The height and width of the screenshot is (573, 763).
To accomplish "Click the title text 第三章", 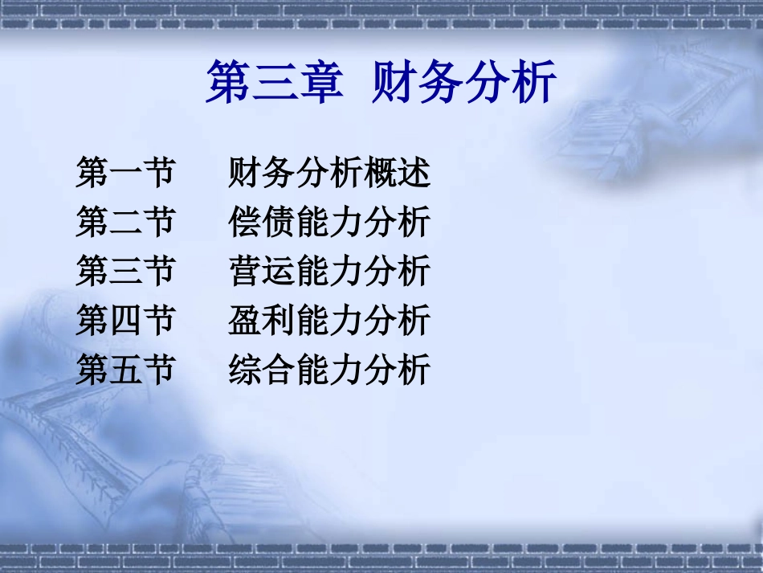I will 274,83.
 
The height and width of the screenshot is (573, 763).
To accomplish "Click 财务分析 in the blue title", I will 464,83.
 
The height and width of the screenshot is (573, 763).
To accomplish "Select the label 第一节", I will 125,173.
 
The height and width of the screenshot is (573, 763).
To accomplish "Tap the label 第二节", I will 125,223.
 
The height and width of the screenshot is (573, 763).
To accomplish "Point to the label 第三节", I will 125,272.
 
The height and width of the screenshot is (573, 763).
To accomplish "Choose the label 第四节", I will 125,321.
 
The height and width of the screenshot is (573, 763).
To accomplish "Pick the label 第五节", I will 125,370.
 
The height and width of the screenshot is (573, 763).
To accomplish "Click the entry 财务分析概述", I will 329,173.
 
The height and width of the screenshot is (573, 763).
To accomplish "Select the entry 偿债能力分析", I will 329,223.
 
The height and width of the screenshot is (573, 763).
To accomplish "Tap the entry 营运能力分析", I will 329,272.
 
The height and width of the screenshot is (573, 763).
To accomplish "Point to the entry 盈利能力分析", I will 329,321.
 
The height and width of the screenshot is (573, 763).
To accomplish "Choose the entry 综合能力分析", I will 329,370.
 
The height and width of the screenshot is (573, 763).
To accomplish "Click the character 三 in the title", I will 274,84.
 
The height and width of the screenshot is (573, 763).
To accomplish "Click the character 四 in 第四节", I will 125,321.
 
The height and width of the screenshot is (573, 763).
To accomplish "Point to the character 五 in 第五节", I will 125,370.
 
